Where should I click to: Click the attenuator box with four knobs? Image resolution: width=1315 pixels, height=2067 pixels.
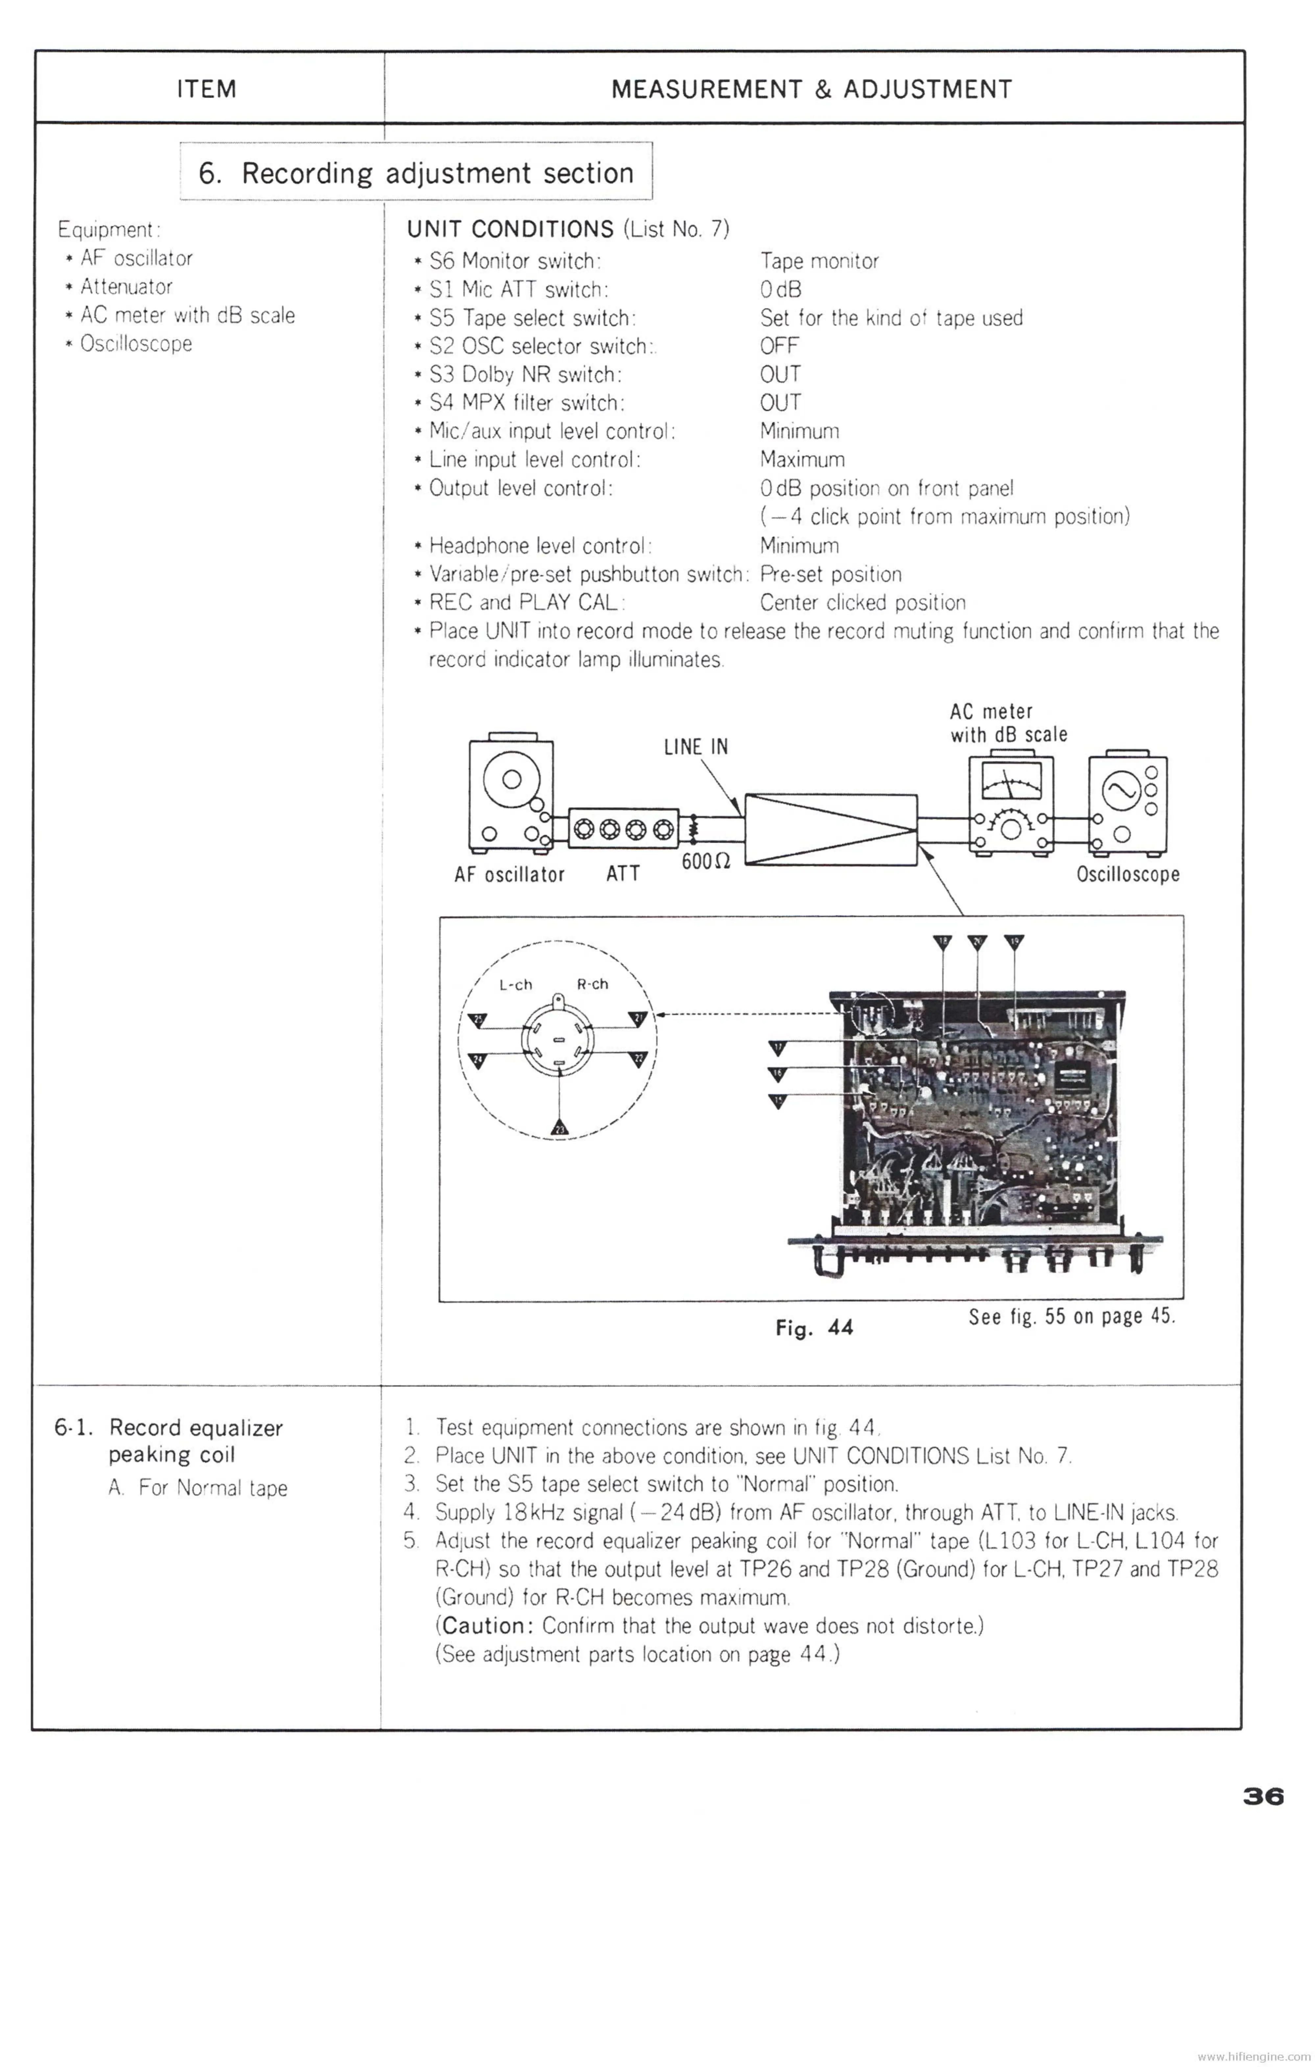623,829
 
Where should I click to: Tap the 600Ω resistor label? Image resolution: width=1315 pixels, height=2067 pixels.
705,861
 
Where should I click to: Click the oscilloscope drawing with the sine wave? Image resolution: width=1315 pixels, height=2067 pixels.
1127,804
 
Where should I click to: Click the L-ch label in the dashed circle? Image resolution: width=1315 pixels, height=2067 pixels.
516,985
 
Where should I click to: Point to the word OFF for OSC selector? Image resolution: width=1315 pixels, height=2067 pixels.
779,346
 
